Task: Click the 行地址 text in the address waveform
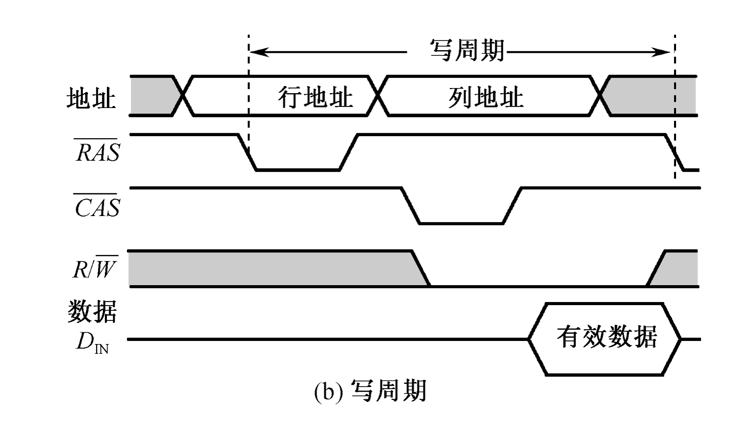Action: [x=316, y=96]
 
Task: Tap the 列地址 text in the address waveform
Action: [x=486, y=96]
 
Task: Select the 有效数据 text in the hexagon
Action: [x=606, y=338]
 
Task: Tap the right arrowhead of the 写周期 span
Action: [x=665, y=51]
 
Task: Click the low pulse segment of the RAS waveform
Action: [x=297, y=169]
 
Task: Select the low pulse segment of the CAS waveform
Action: [x=461, y=223]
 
